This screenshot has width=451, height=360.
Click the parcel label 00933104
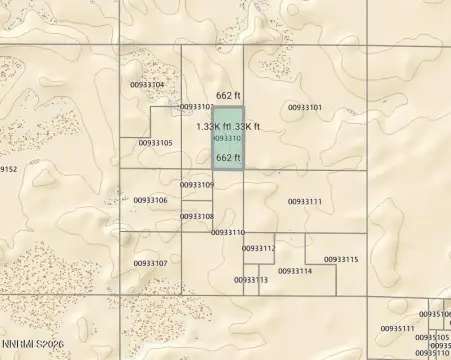[x=147, y=85]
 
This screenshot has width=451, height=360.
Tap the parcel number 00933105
[x=155, y=143]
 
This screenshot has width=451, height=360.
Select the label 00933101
[x=305, y=107]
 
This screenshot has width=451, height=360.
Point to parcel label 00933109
[x=197, y=185]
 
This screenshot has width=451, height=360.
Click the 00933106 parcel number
[x=150, y=200]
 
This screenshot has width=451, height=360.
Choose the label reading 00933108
[x=197, y=216]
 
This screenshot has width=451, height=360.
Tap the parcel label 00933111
[x=305, y=202]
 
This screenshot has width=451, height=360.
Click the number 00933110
[x=228, y=232]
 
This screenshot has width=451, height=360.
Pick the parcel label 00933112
[x=258, y=248]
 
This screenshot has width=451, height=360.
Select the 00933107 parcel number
[x=150, y=263]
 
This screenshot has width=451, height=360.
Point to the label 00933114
[x=295, y=271]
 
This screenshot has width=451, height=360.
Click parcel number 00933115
[x=341, y=259]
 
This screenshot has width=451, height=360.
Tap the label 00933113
[x=251, y=280]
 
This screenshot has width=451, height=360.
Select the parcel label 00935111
[x=397, y=327]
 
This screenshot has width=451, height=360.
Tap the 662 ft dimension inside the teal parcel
[x=228, y=158]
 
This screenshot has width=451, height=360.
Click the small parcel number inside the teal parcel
[x=228, y=139]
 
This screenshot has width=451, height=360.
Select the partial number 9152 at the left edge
[x=8, y=169]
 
